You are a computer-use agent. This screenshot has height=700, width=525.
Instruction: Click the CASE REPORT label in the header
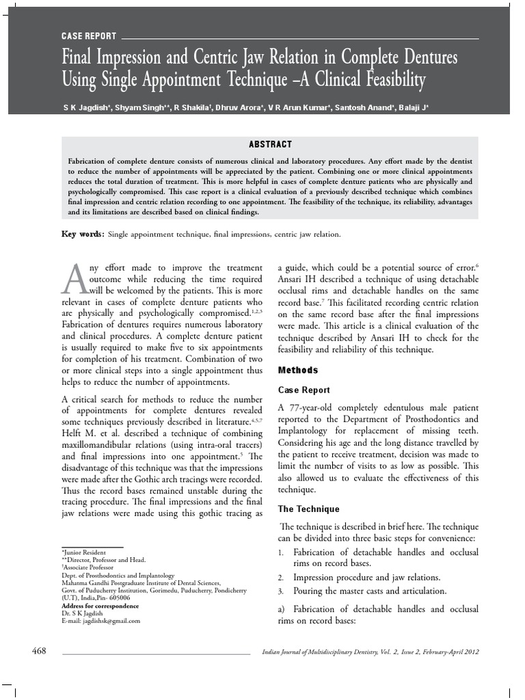[89, 36]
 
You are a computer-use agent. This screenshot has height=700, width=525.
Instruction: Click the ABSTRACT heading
[271, 144]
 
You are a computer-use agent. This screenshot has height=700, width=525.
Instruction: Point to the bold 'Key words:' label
[83, 234]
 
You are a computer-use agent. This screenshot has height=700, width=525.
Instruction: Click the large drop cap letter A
[74, 278]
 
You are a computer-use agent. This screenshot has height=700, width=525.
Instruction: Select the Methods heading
[298, 371]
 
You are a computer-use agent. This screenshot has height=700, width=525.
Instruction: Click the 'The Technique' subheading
[308, 509]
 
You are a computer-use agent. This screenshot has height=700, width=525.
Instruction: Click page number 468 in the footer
[39, 651]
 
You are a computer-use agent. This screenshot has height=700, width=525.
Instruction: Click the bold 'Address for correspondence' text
[100, 606]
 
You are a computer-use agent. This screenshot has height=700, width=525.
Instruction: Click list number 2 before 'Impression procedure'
[280, 578]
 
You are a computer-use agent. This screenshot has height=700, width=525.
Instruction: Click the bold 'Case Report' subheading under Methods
[304, 390]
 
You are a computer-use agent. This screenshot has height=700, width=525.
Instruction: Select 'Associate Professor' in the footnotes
[90, 567]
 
